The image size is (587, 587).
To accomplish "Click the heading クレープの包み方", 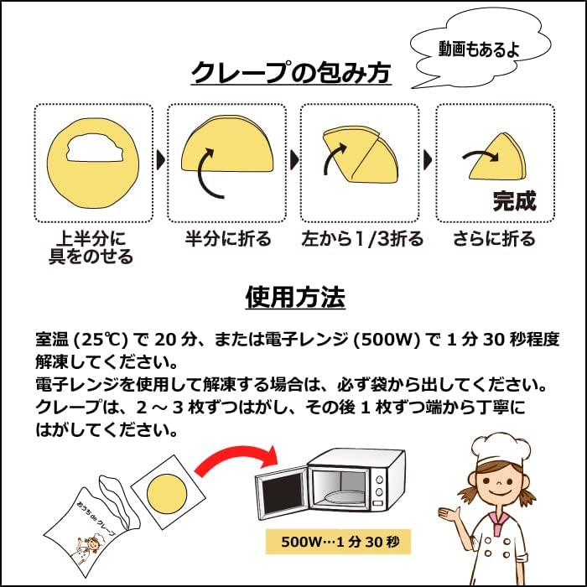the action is tap(291, 72).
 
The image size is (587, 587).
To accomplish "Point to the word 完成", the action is tap(515, 201).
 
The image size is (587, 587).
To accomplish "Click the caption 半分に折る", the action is tap(228, 238).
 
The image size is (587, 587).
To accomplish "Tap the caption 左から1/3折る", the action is tap(362, 238).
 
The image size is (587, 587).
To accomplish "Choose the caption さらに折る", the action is tap(494, 238).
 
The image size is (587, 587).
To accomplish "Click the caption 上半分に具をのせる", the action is tap(91, 247).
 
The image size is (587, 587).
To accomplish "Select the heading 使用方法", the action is tap(295, 297).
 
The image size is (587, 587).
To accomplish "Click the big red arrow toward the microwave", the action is tap(236, 458).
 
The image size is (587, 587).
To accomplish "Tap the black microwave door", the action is tap(283, 493).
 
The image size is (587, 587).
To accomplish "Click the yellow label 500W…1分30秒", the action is tap(338, 542).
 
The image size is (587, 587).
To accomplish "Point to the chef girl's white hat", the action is tap(501, 450).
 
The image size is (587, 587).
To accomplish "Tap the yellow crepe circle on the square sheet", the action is tap(167, 494).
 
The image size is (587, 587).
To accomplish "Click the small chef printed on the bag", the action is tap(88, 549).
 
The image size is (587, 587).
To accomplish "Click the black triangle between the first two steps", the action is tap(161, 160).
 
